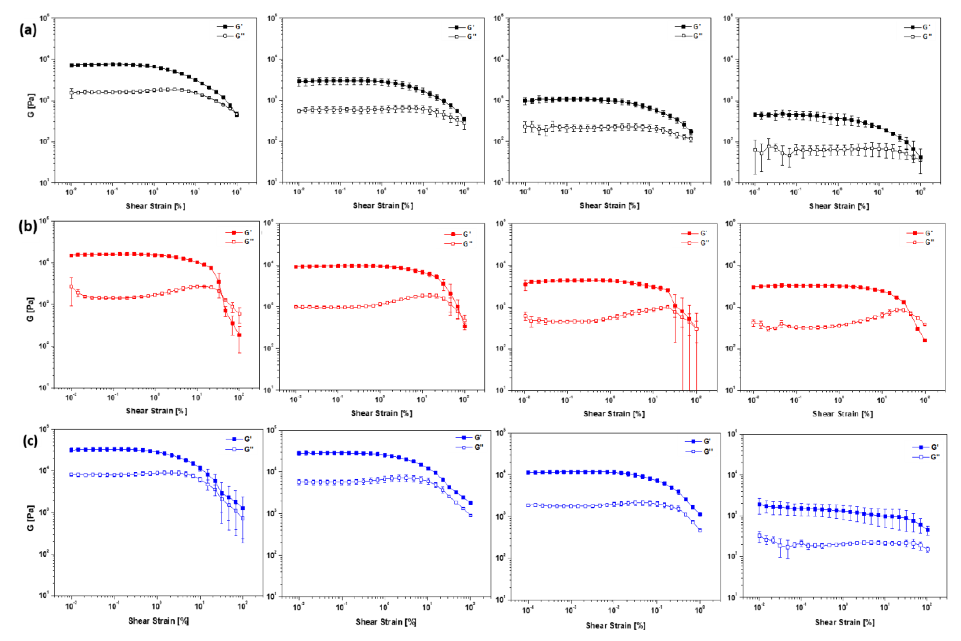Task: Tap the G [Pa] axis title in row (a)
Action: click(31, 106)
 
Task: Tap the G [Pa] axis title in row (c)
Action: click(31, 518)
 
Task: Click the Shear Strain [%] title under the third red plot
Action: click(614, 414)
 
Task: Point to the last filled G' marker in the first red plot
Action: click(239, 335)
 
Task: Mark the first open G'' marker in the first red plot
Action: click(71, 287)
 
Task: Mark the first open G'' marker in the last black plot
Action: click(755, 150)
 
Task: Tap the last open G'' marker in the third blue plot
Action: click(700, 530)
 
